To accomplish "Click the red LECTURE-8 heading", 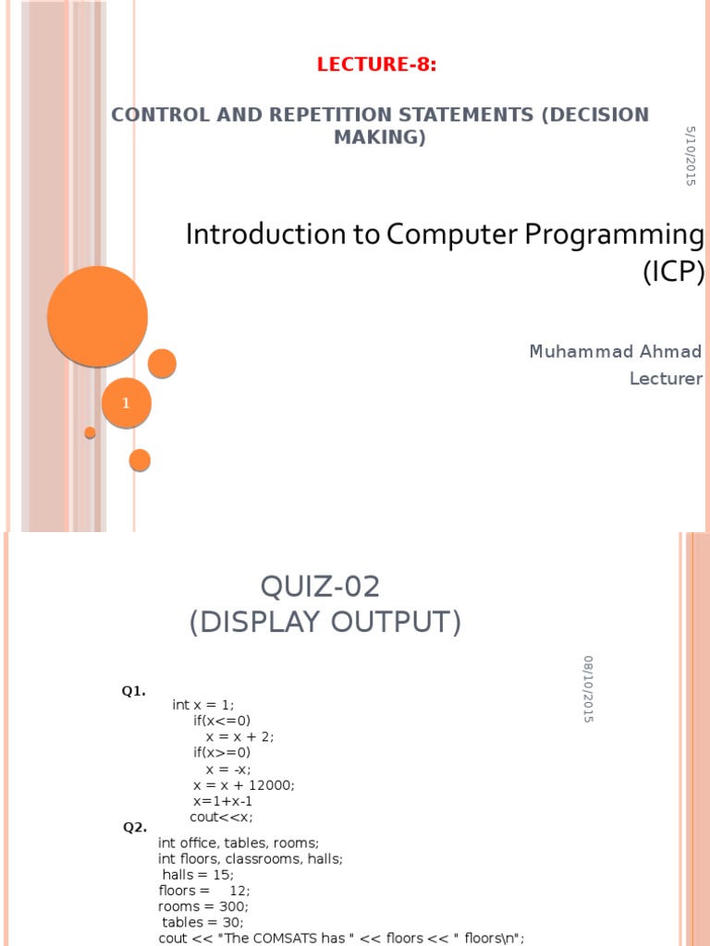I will click(376, 65).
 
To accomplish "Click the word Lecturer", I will click(666, 379).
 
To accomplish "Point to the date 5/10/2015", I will click(691, 156).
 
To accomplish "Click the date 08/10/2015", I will click(588, 688).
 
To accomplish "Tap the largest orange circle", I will click(97, 316).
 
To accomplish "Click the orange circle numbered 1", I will click(127, 403).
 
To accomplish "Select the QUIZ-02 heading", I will click(321, 587).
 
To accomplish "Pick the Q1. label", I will click(133, 691).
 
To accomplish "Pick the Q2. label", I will click(135, 827).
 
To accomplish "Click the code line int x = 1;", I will click(203, 705).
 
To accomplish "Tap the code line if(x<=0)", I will click(222, 721).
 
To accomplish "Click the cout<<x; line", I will click(221, 817).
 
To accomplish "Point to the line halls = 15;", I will click(198, 874).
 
